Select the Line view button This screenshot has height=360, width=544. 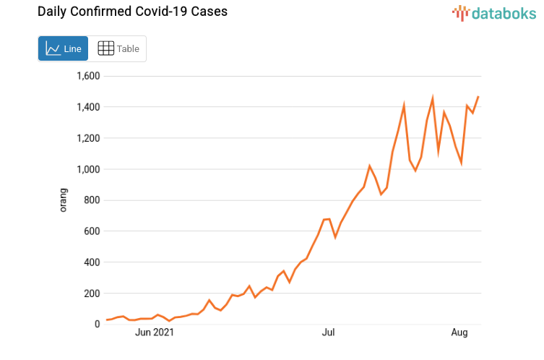click(x=64, y=48)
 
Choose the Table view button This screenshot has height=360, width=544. click(x=118, y=48)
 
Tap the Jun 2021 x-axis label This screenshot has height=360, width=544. click(x=155, y=333)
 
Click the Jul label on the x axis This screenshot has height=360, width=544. click(x=329, y=333)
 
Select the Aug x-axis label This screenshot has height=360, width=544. click(x=459, y=333)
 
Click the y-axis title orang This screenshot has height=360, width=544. click(x=64, y=200)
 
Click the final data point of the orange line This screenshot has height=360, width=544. click(x=478, y=97)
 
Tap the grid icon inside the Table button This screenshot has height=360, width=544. click(x=105, y=48)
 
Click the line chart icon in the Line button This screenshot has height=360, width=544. click(x=53, y=48)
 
